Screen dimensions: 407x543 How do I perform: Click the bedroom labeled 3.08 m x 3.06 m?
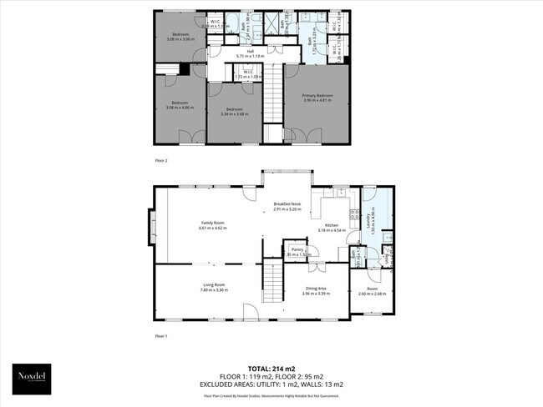tap(180, 37)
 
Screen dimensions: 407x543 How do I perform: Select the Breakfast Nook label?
tap(288, 206)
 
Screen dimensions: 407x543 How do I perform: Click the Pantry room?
tap(297, 252)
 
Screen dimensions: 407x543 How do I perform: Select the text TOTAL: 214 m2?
tap(271, 368)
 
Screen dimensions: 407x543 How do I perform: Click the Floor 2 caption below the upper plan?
tap(161, 158)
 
